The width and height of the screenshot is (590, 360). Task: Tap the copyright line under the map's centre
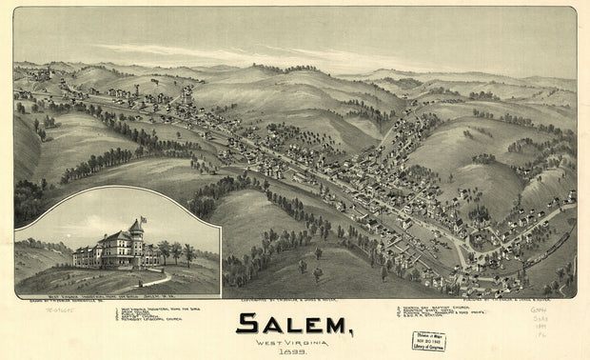coord(283,302)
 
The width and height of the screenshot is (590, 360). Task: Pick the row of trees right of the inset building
coord(177,253)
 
